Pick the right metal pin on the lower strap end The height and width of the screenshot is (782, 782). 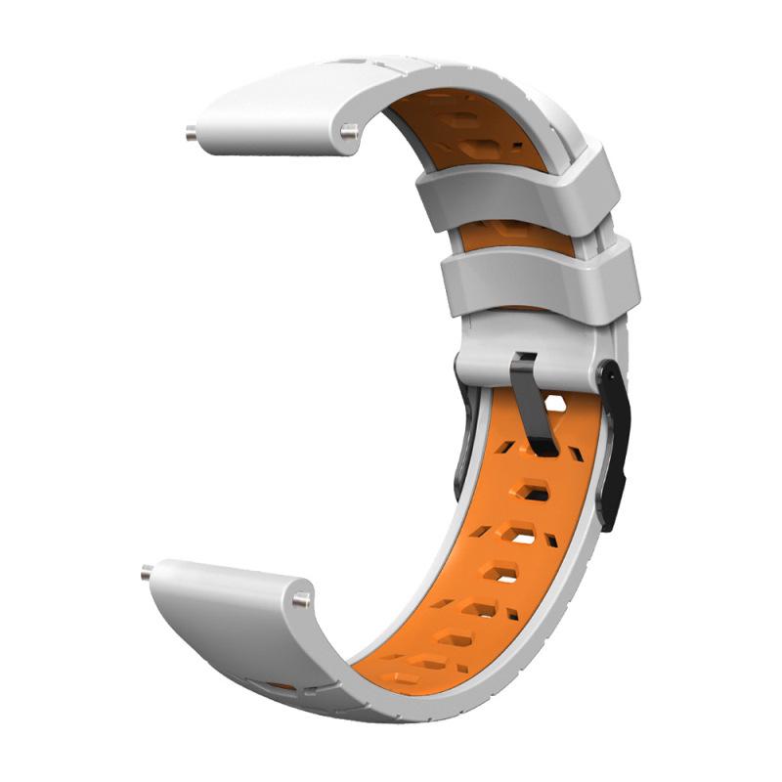(305, 598)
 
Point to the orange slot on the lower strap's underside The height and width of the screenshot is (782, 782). (282, 686)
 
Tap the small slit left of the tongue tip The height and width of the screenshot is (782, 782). (505, 447)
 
